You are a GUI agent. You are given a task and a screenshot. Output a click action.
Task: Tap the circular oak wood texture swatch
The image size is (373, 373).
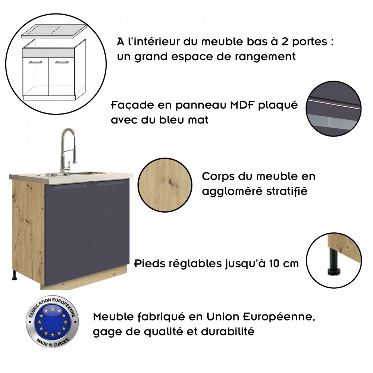point(165,185)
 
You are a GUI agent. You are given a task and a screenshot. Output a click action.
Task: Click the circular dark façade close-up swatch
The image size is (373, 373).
point(333,109)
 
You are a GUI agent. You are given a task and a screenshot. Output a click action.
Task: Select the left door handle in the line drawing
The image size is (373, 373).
point(35,62)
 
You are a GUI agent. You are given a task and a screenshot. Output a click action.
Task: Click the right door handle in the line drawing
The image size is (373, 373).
point(62,62)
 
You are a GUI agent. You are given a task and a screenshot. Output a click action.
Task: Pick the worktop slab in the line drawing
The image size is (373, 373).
point(54,31)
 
